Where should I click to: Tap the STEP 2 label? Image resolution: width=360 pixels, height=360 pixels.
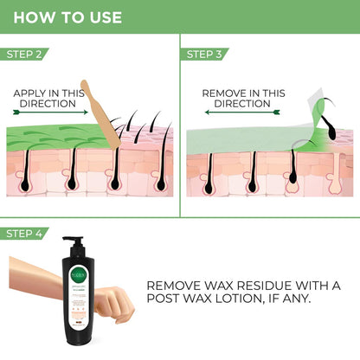coord(25,54)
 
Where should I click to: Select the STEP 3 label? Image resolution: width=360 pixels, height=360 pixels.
coord(205,54)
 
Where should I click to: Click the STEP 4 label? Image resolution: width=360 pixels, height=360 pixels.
coord(25,234)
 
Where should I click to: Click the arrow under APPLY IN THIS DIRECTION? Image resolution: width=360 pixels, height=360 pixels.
coord(50,111)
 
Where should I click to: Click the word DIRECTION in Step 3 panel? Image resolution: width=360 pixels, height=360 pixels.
coord(242,103)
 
